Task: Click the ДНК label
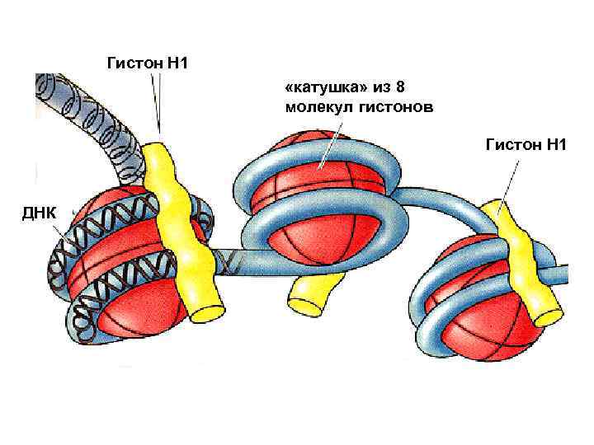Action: pyautogui.click(x=40, y=213)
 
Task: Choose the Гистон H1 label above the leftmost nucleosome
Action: pyautogui.click(x=148, y=61)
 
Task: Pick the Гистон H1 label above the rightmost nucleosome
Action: pyautogui.click(x=526, y=145)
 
